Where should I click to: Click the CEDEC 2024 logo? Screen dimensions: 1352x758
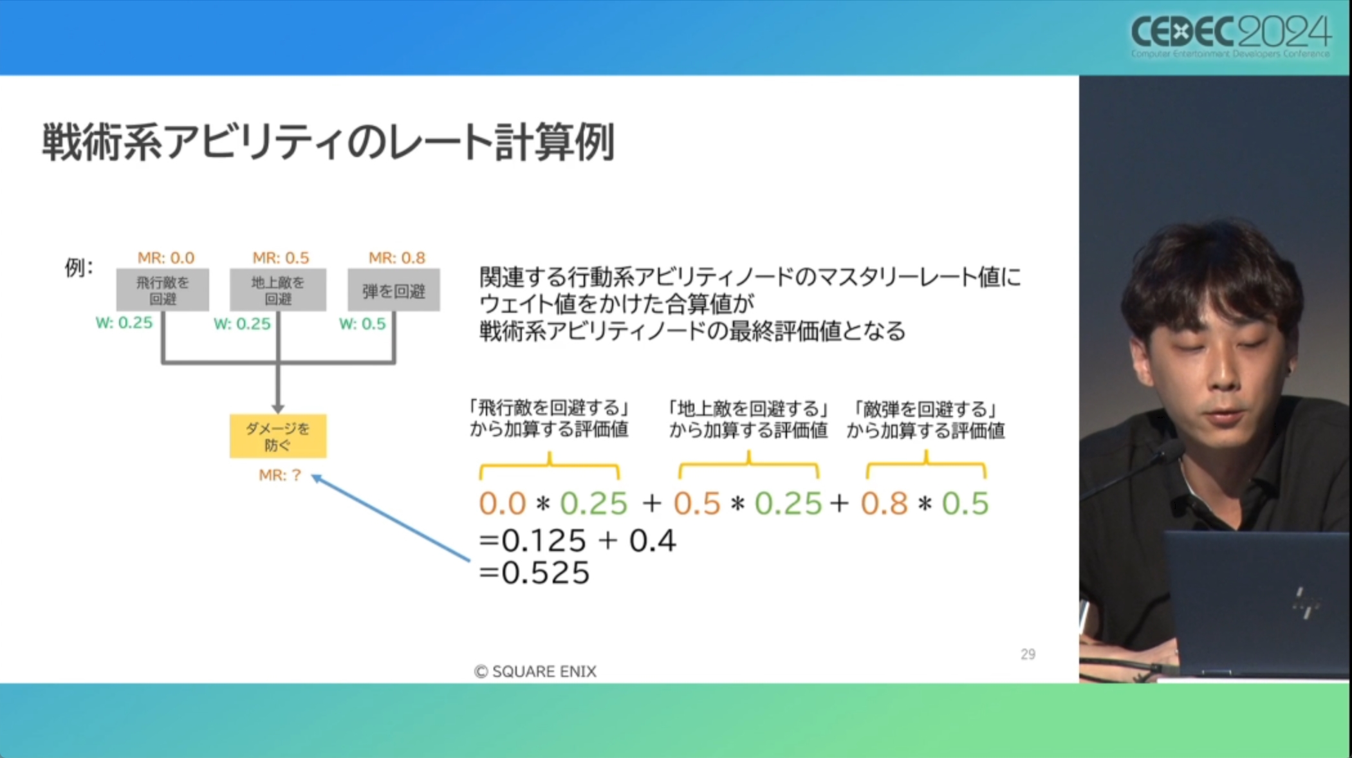(1230, 36)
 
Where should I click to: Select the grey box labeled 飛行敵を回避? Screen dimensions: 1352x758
(162, 290)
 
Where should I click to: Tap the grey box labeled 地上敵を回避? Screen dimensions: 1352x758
(278, 290)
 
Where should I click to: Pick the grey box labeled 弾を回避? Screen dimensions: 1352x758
(394, 290)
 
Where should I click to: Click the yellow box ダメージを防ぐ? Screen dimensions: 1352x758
(278, 436)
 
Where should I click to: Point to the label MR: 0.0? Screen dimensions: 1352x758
(166, 258)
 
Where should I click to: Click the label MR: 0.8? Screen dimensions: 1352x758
(397, 258)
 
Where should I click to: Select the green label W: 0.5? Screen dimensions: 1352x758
(363, 324)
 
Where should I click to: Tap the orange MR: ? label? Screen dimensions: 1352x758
(280, 476)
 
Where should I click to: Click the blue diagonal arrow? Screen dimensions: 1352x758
(391, 518)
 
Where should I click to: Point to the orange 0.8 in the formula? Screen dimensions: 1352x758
(884, 503)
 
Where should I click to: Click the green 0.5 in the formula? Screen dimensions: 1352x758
(965, 503)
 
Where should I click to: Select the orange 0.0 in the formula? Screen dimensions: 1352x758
(503, 503)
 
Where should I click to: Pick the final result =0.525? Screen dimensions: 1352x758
(534, 573)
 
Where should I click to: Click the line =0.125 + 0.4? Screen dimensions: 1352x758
(577, 541)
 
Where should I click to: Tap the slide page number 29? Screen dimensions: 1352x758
(1028, 654)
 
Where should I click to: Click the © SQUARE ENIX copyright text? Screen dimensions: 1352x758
(535, 672)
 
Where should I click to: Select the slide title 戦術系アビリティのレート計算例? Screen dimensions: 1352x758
(328, 142)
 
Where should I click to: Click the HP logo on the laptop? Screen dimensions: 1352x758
(1306, 604)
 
